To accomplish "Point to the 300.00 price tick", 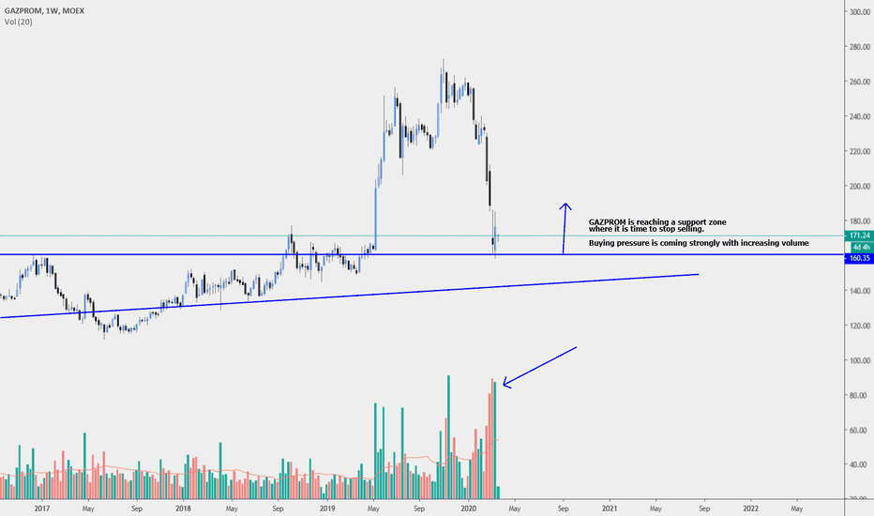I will point(855,12).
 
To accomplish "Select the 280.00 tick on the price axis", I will point(855,47).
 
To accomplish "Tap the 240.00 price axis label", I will point(855,116).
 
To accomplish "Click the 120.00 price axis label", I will point(855,326).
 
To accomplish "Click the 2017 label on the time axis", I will point(40,508).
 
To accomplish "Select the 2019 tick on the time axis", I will point(326,508).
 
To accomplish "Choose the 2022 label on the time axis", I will point(750,508).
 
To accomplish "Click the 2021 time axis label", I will point(610,508).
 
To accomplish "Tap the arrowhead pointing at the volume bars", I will point(505,382).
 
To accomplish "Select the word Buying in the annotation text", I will point(604,243).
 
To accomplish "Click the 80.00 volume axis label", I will point(855,395).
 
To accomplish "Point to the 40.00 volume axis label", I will point(855,464).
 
